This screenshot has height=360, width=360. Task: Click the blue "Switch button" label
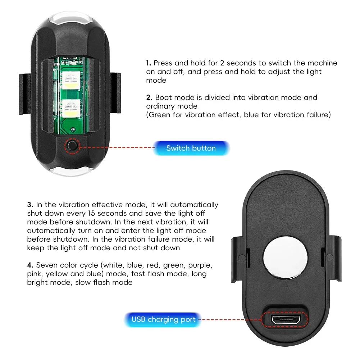[191, 148]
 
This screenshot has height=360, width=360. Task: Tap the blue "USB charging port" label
[163, 319]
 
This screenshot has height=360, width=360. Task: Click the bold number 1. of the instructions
[149, 63]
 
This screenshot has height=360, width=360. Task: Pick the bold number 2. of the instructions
[149, 97]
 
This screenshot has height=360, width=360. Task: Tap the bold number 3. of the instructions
[30, 205]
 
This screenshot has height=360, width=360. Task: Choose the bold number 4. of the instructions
[30, 265]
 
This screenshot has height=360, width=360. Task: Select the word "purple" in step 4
[199, 265]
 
